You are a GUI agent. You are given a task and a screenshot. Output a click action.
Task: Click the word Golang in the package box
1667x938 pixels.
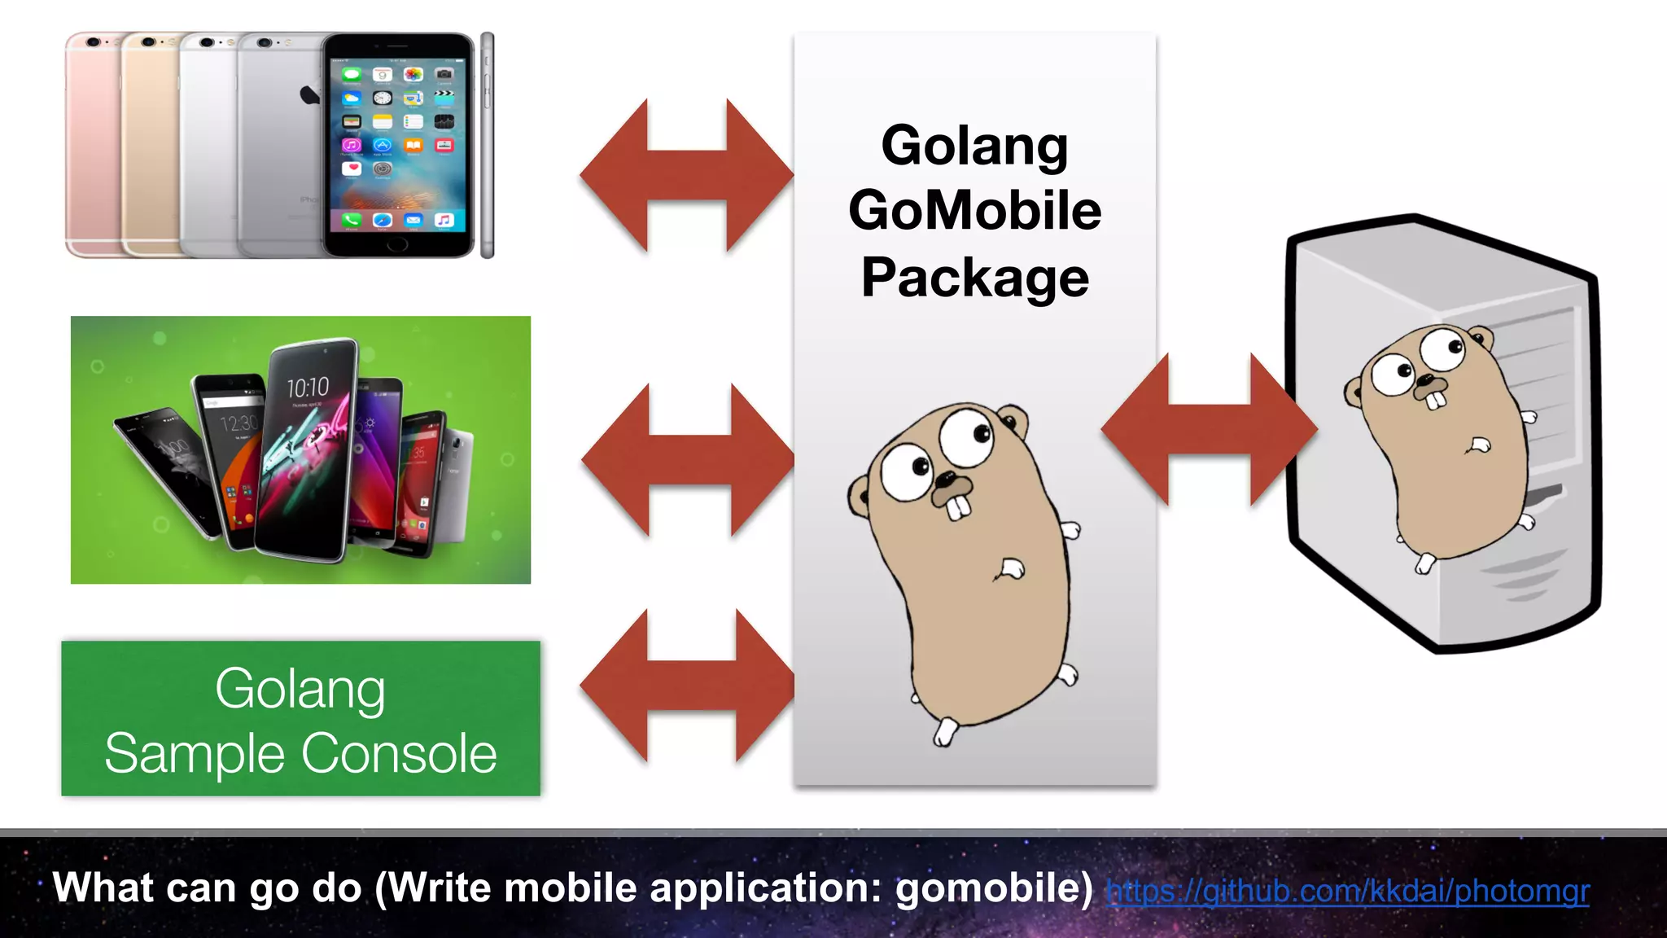974,147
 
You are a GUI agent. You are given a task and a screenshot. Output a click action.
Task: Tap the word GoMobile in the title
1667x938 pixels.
974,211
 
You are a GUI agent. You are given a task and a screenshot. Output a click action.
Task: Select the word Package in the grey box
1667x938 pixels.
974,278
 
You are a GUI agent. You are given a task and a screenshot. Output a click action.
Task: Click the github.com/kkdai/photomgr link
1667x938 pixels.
1347,891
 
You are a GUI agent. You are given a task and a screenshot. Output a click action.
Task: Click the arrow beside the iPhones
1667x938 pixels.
686,174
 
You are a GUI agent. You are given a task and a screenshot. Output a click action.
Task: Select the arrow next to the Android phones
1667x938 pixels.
689,459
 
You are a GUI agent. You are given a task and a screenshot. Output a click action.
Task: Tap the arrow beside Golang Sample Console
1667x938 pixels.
688,686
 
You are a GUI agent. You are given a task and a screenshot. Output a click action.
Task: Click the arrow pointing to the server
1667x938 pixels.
1209,429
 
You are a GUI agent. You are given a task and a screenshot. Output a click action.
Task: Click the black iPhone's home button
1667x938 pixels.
397,243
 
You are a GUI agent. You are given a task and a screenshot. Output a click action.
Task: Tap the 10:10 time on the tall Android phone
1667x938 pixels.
308,388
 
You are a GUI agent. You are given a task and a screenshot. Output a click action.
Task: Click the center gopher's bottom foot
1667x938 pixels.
944,732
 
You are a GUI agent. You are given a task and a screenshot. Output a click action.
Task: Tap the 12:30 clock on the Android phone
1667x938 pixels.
238,423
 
